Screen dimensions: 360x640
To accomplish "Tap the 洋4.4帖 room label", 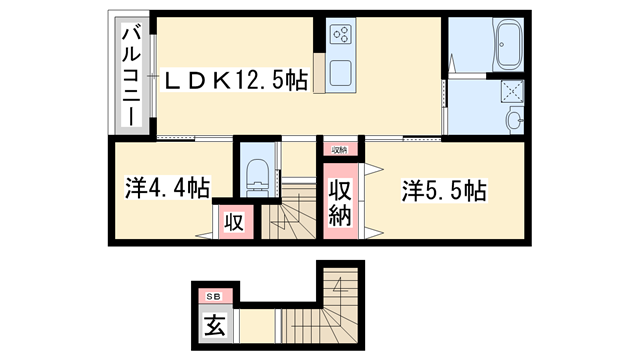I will (x=168, y=186).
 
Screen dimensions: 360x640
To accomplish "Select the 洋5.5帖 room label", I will (x=444, y=190).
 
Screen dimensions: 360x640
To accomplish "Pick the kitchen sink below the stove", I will (x=341, y=73).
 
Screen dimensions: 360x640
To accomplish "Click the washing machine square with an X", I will (x=511, y=91).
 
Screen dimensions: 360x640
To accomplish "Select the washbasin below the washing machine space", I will (x=513, y=120).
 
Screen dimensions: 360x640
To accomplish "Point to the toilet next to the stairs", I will (x=256, y=174).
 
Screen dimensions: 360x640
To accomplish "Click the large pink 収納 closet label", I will (x=341, y=202).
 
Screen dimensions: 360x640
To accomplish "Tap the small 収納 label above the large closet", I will (x=340, y=150).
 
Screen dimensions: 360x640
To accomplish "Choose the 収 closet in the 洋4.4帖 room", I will (x=233, y=220).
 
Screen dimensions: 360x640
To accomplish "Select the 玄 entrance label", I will (x=214, y=325).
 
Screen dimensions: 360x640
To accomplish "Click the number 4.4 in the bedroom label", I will (x=177, y=186).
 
